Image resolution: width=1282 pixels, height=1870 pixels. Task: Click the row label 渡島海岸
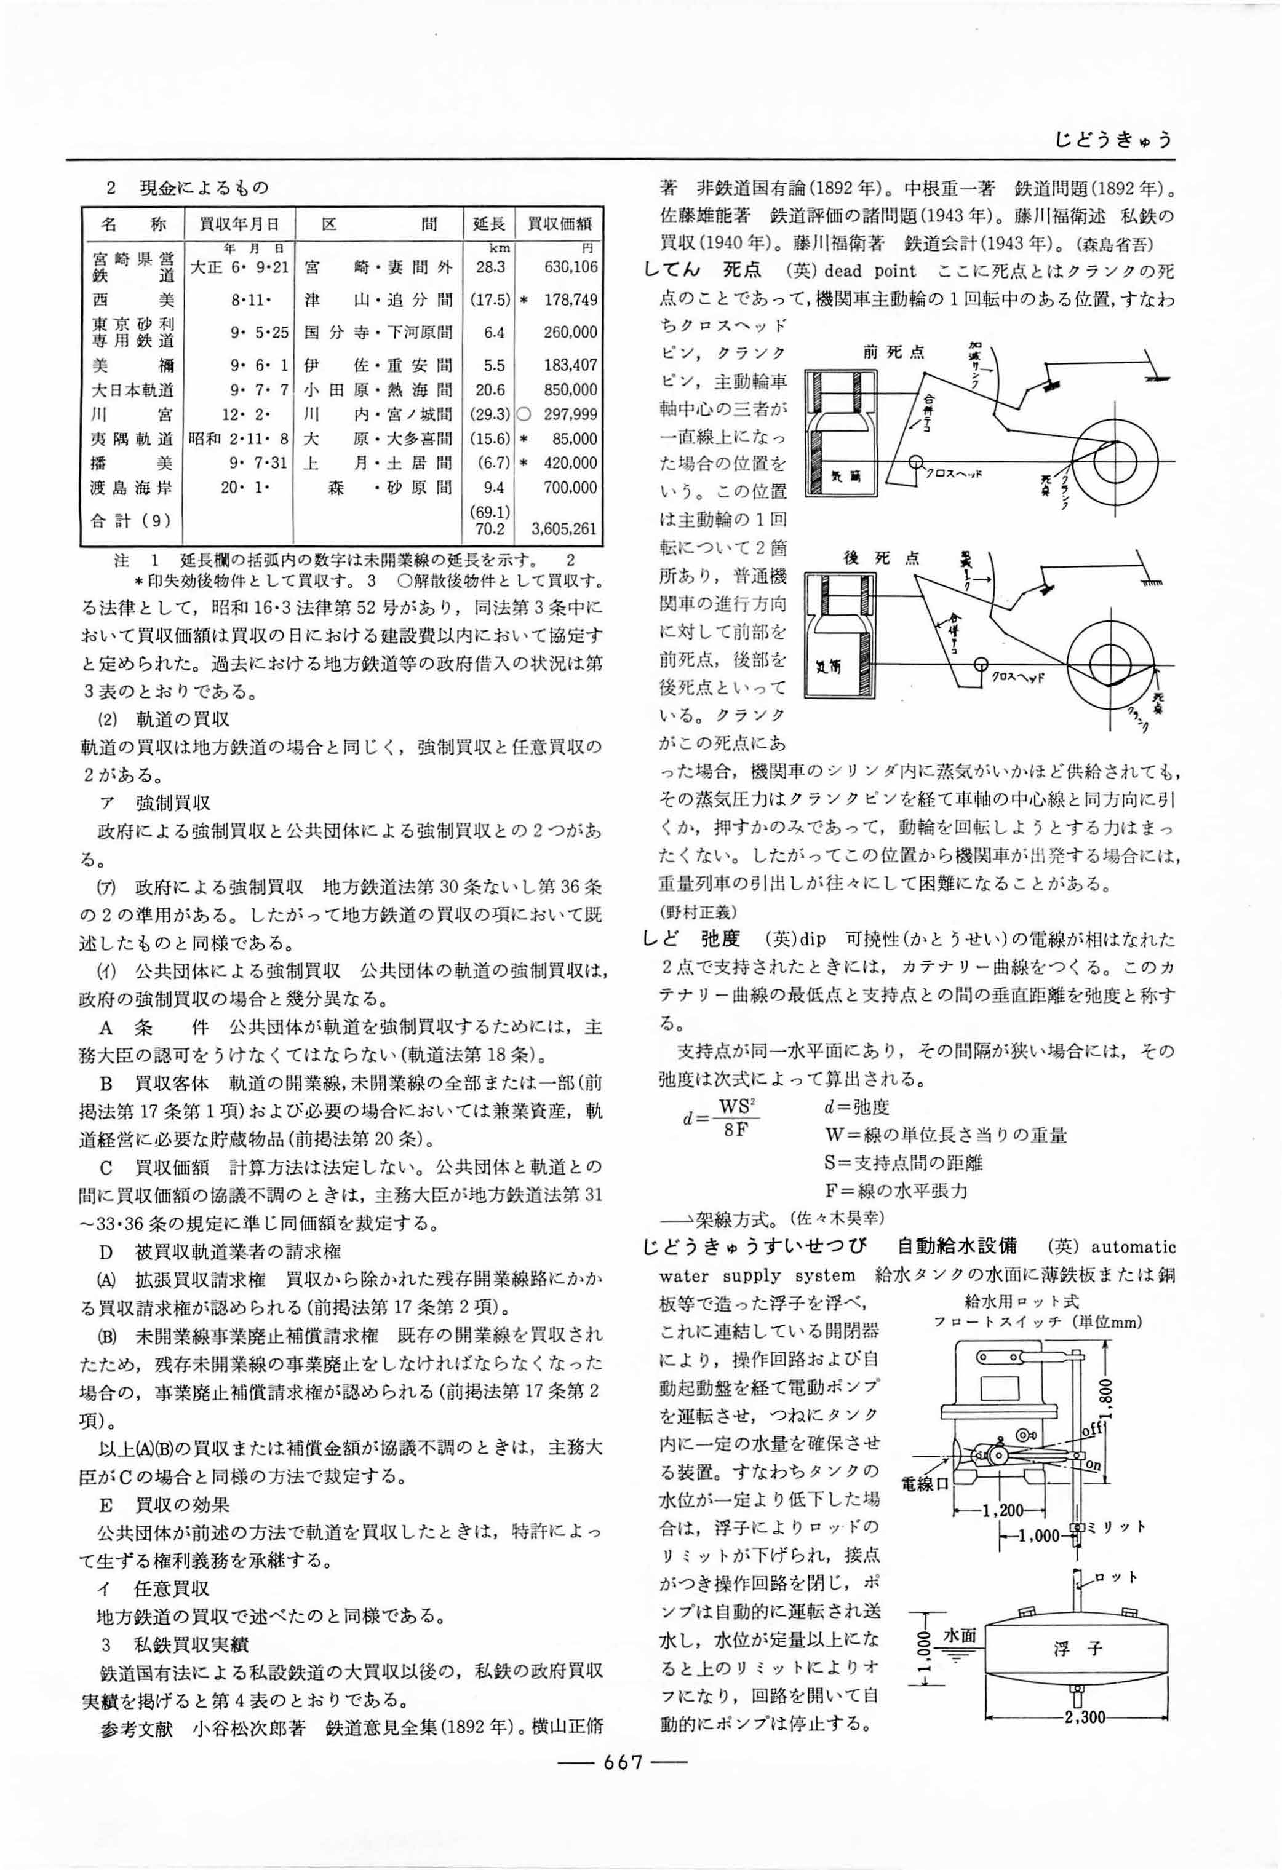(133, 488)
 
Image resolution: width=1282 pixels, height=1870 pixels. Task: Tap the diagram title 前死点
(893, 352)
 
